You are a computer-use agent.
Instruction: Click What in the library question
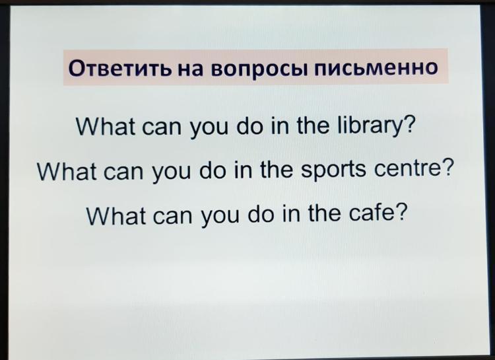[106, 126]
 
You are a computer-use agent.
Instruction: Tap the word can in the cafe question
[172, 217]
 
